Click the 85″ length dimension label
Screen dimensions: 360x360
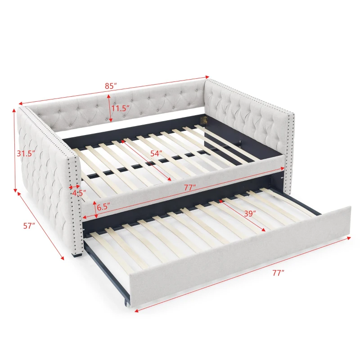pyautogui.click(x=109, y=85)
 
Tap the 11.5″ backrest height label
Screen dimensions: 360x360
pyautogui.click(x=121, y=108)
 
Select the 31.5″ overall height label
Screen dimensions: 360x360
pyautogui.click(x=25, y=153)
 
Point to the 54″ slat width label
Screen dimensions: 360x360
pyautogui.click(x=156, y=153)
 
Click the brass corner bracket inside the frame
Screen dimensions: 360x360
pyautogui.click(x=203, y=121)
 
